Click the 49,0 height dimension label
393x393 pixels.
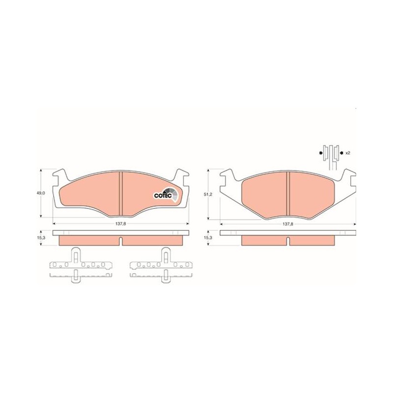40,193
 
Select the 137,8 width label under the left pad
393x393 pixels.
121,224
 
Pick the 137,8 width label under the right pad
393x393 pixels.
288,224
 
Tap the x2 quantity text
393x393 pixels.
348,153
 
